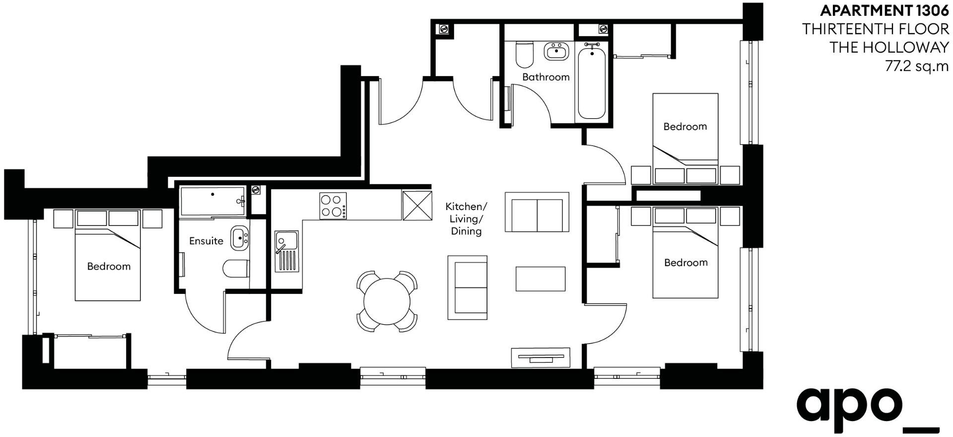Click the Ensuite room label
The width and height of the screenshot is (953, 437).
(x=206, y=241)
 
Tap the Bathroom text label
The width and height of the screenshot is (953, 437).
(x=545, y=77)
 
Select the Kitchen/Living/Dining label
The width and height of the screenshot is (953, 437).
(x=466, y=218)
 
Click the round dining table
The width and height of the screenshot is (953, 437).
(x=387, y=301)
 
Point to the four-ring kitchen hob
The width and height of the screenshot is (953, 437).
(x=333, y=206)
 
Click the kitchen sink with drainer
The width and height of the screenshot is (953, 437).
(x=286, y=251)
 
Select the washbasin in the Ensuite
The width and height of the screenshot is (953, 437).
(x=240, y=238)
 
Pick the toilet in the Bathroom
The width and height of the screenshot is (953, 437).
(x=524, y=54)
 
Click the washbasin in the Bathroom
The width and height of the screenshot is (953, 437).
(x=556, y=51)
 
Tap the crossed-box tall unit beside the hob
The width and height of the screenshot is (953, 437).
(x=417, y=206)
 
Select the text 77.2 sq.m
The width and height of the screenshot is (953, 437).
(x=917, y=66)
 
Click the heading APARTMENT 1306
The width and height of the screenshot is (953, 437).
(x=885, y=10)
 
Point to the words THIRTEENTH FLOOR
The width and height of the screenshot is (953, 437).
(x=876, y=29)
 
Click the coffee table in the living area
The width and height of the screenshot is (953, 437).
(x=541, y=279)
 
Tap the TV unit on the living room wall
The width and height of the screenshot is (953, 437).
(x=541, y=358)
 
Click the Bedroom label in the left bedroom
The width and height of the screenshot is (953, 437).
(x=109, y=266)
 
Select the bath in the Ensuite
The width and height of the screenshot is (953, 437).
(x=212, y=201)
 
